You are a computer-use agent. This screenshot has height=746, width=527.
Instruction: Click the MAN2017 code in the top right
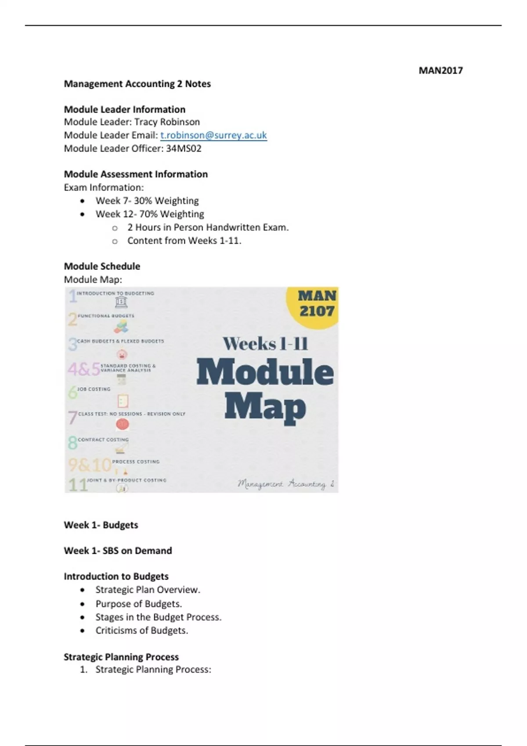(x=440, y=71)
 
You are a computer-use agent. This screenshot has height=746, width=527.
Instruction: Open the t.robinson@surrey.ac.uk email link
(x=213, y=135)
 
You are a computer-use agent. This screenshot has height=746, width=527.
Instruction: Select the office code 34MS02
(x=184, y=148)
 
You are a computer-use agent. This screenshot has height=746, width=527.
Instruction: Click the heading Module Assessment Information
(x=136, y=174)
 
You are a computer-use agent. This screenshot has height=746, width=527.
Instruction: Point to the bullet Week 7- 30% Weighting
(x=147, y=201)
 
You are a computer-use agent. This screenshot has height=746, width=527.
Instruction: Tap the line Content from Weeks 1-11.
(x=184, y=240)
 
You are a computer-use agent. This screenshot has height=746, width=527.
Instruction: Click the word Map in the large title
(x=265, y=407)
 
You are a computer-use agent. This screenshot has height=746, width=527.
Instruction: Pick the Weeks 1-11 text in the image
(x=265, y=343)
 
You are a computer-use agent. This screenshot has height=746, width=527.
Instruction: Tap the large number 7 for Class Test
(x=72, y=418)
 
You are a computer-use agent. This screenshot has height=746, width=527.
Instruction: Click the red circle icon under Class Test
(x=122, y=424)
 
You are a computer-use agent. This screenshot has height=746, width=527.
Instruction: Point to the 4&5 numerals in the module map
(x=83, y=369)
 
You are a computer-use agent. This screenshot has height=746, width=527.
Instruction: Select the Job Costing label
(x=94, y=389)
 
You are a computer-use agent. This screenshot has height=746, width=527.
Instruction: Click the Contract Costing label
(x=103, y=439)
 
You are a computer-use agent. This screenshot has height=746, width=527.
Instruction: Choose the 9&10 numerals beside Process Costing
(x=89, y=465)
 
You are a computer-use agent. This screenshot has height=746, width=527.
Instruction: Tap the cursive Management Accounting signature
(x=286, y=484)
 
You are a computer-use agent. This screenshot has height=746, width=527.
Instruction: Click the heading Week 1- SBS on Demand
(x=118, y=551)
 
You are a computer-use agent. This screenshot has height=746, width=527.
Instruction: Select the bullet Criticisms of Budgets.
(x=141, y=631)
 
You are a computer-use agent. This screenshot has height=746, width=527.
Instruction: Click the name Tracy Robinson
(x=167, y=122)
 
